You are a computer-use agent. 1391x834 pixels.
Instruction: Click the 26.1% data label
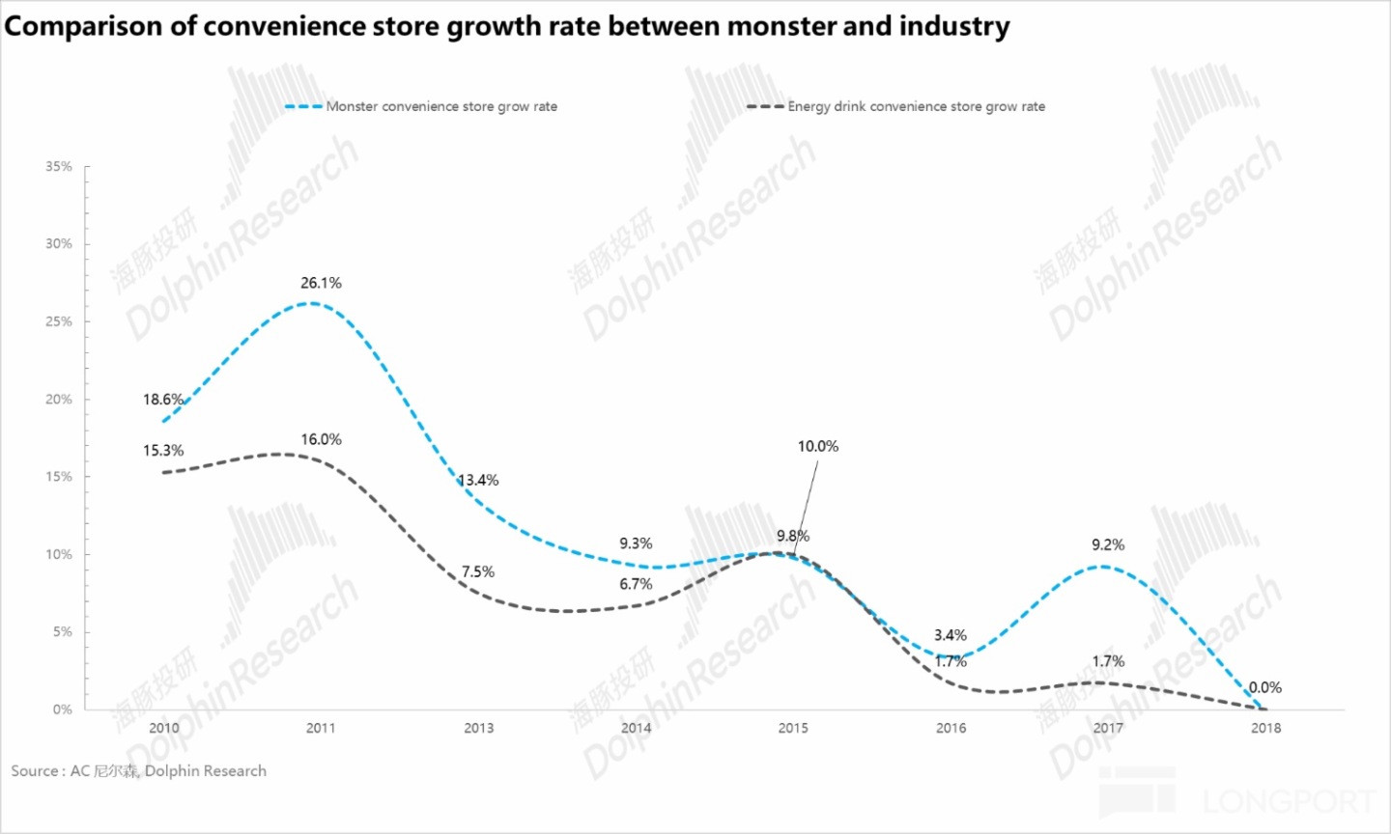pos(321,283)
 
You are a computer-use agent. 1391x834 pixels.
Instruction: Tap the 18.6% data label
pos(163,400)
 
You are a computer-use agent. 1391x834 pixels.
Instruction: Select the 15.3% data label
pos(163,451)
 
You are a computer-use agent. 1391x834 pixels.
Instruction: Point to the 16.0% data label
pos(321,439)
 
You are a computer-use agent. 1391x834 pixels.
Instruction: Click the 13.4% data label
pos(478,480)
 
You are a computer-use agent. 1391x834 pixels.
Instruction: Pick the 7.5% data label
pos(477,571)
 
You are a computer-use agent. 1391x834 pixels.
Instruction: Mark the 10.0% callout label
pos(817,446)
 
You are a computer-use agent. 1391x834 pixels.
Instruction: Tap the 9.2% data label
pos(1108,544)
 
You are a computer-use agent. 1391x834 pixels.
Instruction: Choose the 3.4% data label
pos(951,635)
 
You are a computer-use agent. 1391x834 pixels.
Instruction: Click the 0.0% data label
pos(1265,687)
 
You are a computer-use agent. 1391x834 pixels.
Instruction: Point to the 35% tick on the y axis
pos(59,166)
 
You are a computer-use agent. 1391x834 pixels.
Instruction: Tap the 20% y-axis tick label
pos(59,399)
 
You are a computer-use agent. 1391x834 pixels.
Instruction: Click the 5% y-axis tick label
pos(62,631)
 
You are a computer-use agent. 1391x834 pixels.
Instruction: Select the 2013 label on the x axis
pos(478,728)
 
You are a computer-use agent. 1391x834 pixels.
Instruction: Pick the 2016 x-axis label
pos(951,728)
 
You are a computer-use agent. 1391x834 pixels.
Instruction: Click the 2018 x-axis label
pos(1265,728)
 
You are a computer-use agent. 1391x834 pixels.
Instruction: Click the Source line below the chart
pos(138,771)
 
